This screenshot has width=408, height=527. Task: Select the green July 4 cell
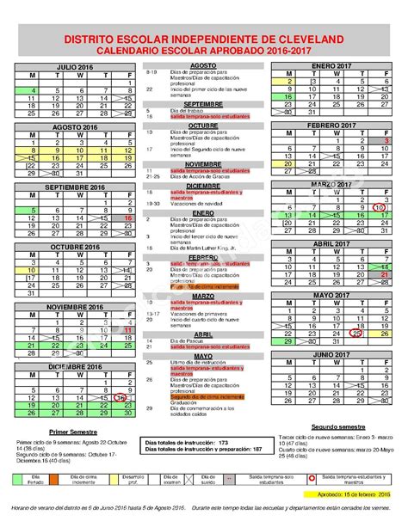(x=33, y=89)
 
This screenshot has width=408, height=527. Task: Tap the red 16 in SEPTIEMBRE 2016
(x=127, y=218)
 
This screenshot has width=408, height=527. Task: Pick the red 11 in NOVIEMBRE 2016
(x=127, y=328)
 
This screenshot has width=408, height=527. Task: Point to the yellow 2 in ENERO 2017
(x=291, y=81)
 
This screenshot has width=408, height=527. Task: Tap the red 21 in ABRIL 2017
(x=386, y=273)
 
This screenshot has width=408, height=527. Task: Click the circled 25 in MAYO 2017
(x=355, y=334)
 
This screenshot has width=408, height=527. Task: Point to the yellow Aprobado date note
(x=356, y=496)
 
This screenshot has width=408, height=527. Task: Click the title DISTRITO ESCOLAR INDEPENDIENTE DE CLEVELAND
(x=204, y=40)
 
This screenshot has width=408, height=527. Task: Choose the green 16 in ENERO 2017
(x=291, y=97)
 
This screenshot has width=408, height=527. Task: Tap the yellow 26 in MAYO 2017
(x=386, y=334)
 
